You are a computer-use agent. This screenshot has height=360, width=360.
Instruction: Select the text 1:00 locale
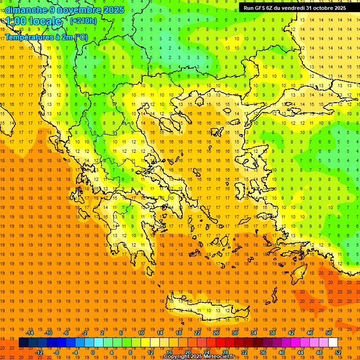(x=33, y=21)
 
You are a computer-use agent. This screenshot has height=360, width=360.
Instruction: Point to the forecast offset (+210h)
(x=83, y=21)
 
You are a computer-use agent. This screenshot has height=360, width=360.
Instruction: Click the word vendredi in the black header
(x=295, y=8)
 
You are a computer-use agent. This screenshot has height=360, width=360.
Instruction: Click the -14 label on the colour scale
(x=30, y=333)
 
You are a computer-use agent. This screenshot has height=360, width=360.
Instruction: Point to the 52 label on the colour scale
(x=338, y=352)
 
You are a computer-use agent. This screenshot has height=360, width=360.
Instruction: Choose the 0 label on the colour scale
(x=92, y=352)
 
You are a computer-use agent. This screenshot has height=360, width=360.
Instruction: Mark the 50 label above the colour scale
(x=329, y=333)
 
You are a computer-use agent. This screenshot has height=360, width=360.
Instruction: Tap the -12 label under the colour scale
(x=39, y=352)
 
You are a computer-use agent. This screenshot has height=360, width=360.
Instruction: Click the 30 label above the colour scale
(x=235, y=333)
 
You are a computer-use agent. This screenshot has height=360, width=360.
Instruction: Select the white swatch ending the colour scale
(x=333, y=343)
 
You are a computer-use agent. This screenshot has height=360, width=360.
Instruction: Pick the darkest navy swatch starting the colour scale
(x=23, y=343)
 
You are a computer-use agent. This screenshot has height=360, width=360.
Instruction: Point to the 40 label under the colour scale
(x=282, y=352)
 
